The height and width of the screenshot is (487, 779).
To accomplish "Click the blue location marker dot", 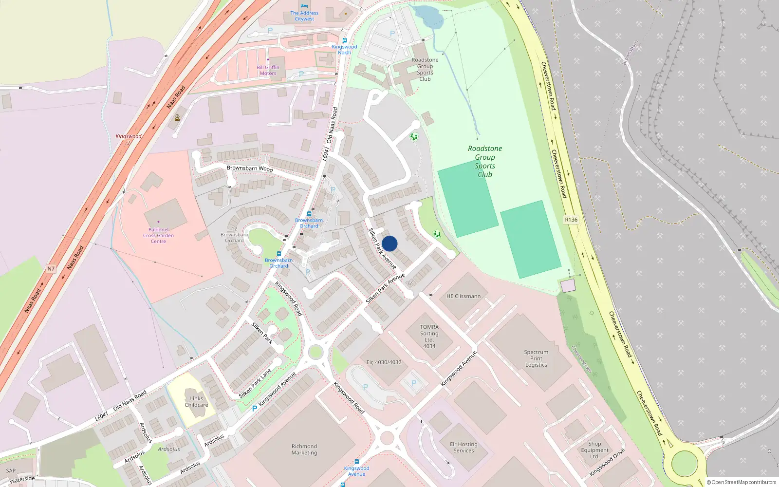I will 389,243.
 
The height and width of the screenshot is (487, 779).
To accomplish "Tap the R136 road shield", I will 571,220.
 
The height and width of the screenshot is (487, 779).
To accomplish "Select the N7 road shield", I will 51,268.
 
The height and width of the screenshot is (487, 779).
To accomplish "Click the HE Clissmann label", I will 463,296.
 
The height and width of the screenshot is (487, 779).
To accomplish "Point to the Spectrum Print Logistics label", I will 536,358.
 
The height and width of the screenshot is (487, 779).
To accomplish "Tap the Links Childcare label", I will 196,402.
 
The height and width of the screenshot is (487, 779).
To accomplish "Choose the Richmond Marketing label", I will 304,450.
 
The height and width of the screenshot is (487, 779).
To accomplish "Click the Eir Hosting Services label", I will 464,448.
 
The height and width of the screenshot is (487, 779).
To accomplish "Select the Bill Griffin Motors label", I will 268,70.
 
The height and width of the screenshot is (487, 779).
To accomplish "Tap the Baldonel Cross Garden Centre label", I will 158,235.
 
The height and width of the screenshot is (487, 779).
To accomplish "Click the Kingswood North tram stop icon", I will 345,40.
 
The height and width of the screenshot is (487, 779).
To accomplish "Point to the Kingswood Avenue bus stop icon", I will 357,461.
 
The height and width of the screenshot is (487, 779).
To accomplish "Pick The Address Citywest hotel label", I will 304,16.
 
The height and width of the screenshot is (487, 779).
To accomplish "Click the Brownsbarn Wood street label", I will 250,169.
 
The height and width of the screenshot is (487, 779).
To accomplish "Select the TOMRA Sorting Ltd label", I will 429,337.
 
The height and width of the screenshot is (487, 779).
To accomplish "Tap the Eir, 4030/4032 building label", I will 384,362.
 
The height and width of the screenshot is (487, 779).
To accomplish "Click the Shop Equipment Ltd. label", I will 594,450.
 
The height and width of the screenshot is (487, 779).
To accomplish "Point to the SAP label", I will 11,471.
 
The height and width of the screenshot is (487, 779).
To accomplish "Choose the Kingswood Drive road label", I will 607,463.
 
